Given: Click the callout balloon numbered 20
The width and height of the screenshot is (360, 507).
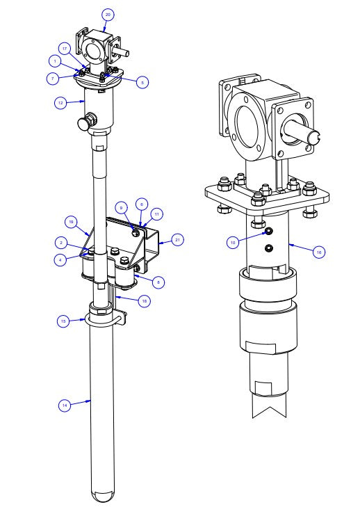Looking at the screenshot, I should pyautogui.click(x=107, y=14).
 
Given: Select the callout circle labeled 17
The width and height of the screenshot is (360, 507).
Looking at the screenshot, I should pyautogui.click(x=63, y=49).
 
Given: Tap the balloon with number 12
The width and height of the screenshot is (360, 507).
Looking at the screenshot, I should pyautogui.click(x=61, y=102).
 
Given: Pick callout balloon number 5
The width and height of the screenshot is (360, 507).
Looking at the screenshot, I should pyautogui.click(x=142, y=82).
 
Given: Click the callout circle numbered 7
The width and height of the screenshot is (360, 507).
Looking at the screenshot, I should pyautogui.click(x=53, y=79).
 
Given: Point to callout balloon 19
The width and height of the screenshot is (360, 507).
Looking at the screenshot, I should pyautogui.click(x=71, y=222).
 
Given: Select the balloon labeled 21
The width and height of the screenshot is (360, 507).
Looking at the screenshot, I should pyautogui.click(x=177, y=240).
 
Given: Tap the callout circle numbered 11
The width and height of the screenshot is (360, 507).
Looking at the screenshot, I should pyautogui.click(x=156, y=214).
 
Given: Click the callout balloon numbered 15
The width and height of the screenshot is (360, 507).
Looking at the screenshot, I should pyautogui.click(x=63, y=321).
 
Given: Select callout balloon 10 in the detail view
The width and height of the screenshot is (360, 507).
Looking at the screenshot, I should pyautogui.click(x=234, y=242).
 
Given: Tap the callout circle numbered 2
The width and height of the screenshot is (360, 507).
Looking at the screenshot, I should pyautogui.click(x=62, y=243).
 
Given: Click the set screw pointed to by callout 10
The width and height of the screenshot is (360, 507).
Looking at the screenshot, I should pyautogui.click(x=268, y=231).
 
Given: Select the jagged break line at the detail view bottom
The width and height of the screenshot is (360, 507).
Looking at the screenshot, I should pyautogui.click(x=268, y=410).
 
